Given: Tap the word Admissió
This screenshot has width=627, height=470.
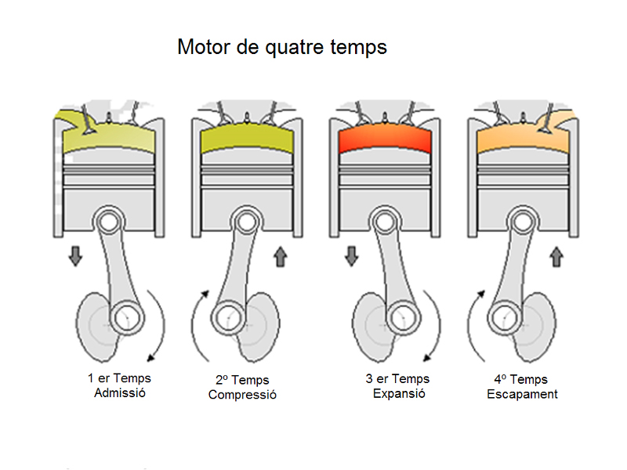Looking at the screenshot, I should point(119,392).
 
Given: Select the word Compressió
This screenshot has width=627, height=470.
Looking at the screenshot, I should point(242,394).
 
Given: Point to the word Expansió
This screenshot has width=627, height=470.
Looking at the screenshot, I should point(399,393).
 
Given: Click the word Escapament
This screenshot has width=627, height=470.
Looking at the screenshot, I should point(522,394).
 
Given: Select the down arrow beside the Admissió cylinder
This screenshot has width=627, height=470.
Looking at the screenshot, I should point(75,255).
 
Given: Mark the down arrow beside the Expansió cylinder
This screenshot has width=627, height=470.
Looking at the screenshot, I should point(351,255).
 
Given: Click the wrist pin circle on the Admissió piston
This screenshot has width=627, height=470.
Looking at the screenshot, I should point(109,222).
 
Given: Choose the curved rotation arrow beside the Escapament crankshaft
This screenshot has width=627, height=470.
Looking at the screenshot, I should point(473,325).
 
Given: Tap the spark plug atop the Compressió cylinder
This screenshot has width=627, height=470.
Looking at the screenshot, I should point(247,117).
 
